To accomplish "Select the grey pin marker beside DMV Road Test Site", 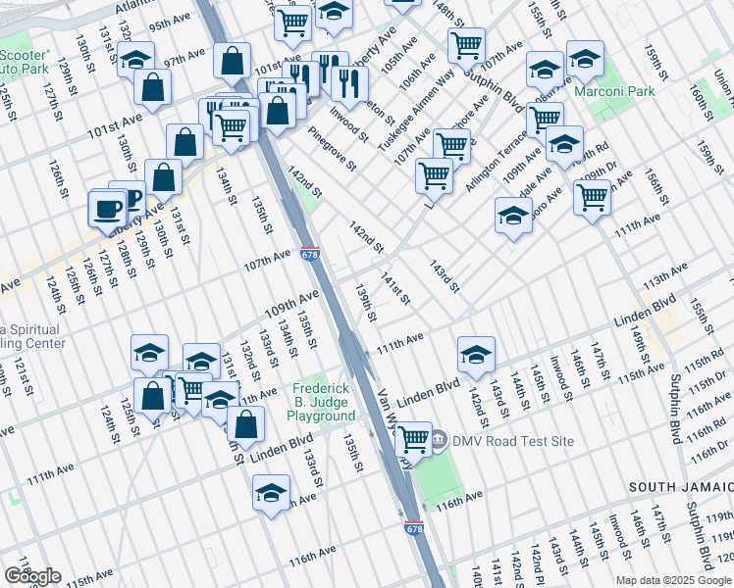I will [x=439, y=440].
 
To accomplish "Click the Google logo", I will [x=32, y=576].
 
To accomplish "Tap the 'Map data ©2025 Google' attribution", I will [x=673, y=580].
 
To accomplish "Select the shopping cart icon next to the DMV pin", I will [x=414, y=438].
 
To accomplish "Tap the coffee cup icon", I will [x=107, y=207].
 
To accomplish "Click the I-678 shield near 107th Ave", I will [x=310, y=255].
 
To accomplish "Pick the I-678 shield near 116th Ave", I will [x=414, y=528].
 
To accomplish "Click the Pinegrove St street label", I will [x=330, y=147].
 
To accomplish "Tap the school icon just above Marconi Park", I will [x=585, y=61].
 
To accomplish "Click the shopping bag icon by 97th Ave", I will [x=231, y=61].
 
